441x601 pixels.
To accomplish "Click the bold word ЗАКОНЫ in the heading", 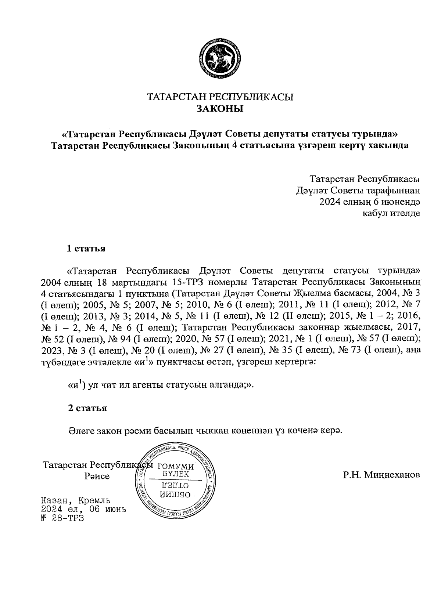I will pos(220,109).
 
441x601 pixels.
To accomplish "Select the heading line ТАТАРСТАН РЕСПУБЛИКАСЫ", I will pos(220,97).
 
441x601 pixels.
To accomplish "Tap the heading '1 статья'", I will pos(86,249).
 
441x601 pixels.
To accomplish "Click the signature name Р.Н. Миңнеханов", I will pos(381,475).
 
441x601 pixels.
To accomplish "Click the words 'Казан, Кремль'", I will pos(76,501).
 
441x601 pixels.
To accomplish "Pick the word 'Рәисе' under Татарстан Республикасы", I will pos(97,477).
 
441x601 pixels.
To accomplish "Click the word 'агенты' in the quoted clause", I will pos(147,386).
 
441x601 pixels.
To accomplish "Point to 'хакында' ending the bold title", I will pos(390,145).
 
